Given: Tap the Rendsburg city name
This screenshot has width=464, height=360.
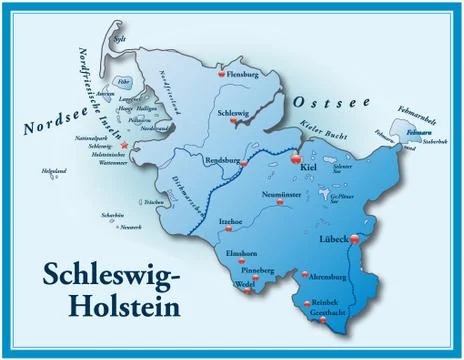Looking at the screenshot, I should tap(224, 157).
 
